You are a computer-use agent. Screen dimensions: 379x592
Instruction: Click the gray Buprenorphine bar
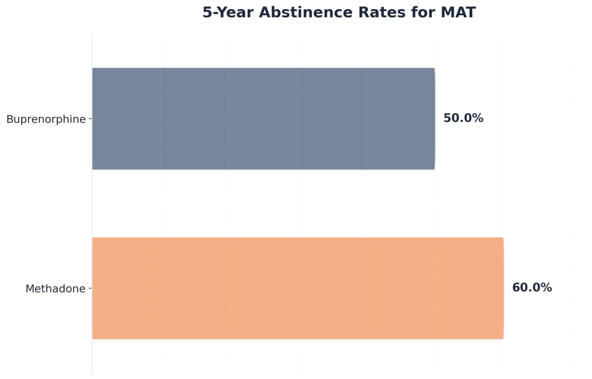[x=263, y=119]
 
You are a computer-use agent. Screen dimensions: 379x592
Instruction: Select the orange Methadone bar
[x=297, y=288]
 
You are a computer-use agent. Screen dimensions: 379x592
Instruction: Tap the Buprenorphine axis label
[x=46, y=119]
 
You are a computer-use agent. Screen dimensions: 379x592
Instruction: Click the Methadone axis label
[x=55, y=289]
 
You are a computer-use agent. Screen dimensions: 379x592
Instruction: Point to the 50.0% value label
[x=463, y=118]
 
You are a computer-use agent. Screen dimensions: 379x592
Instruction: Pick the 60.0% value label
[x=532, y=288]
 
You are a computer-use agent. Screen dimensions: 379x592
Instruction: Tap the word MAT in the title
[x=458, y=13]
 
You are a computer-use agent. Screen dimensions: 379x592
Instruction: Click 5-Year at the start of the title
[x=228, y=13]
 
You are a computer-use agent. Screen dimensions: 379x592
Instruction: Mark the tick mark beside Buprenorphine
[x=90, y=119]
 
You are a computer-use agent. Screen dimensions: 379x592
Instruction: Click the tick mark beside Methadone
[x=90, y=289]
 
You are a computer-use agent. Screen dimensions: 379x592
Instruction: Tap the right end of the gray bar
[x=434, y=119]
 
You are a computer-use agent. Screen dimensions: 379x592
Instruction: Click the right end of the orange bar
[x=502, y=288]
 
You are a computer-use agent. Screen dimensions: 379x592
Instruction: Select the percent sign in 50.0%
[x=478, y=118]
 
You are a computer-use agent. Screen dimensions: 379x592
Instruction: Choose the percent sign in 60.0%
[x=546, y=288]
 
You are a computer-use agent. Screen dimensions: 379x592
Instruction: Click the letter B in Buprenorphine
[x=9, y=119]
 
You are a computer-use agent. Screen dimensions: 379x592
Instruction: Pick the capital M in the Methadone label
[x=29, y=289]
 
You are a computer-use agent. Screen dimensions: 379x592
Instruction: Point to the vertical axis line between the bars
[x=92, y=204]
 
